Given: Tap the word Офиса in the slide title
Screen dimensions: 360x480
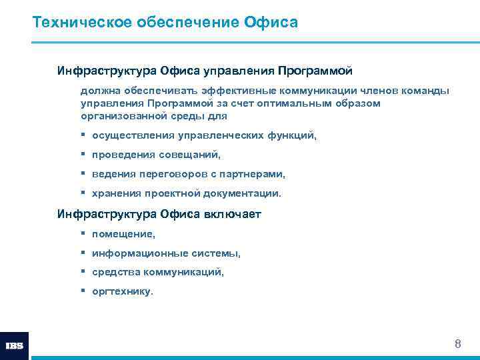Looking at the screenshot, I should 273,23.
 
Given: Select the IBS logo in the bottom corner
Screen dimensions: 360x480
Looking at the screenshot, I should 14,346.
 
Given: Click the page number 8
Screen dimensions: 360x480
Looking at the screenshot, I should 457,344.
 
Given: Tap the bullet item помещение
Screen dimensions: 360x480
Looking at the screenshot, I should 123,234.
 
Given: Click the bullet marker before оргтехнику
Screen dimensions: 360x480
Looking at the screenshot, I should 83,291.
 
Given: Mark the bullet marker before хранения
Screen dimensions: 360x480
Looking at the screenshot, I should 83,193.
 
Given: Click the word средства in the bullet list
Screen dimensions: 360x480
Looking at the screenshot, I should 114,273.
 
